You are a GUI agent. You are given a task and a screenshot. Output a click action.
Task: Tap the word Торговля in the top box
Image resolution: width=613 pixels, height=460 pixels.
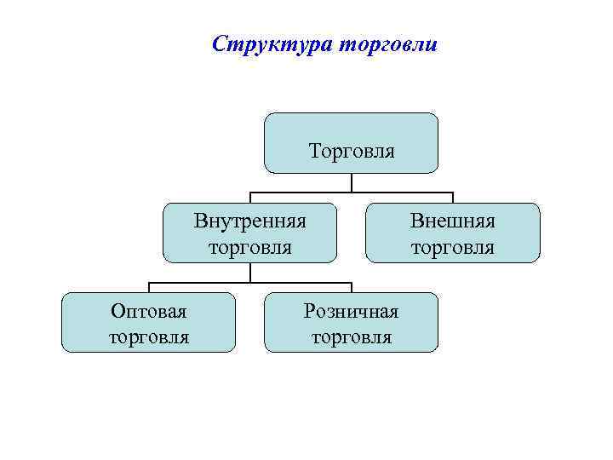[352, 152]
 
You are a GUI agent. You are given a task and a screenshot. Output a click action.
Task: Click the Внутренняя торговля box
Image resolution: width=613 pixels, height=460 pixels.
[249, 233]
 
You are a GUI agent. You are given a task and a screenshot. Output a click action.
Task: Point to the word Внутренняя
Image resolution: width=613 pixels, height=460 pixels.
[249, 221]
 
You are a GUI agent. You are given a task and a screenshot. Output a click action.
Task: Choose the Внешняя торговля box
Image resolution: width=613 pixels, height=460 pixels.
[453, 233]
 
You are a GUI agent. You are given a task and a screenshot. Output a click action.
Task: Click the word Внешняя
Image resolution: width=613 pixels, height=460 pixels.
[453, 221]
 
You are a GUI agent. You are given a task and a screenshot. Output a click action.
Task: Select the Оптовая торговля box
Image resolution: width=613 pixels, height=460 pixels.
[148, 322]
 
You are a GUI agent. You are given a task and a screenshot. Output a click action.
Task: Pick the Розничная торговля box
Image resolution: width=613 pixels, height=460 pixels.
[351, 322]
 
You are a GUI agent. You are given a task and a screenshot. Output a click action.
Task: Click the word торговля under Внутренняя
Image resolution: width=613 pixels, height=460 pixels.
[249, 248]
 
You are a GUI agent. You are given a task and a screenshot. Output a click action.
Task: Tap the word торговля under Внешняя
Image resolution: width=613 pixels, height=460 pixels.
[453, 248]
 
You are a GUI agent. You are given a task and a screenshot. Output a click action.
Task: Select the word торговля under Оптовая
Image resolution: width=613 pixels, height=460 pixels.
[148, 337]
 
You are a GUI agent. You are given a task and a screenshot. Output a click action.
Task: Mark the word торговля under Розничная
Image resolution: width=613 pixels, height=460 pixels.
[351, 337]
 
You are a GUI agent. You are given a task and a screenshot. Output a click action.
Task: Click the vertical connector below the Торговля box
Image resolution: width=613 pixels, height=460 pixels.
[352, 182]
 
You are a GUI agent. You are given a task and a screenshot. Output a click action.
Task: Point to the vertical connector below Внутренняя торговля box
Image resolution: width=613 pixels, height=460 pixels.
[249, 272]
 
